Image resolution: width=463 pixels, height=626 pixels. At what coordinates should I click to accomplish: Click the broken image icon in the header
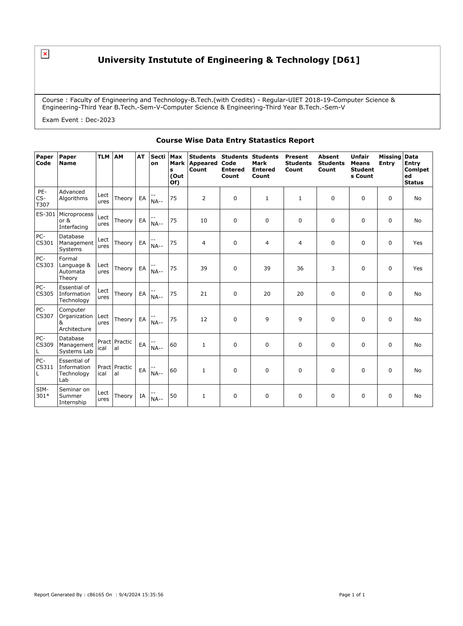pos(45,54)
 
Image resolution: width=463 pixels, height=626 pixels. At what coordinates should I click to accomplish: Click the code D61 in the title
pos(346,60)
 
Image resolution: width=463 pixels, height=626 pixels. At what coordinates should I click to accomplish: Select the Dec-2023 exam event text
pos(100,120)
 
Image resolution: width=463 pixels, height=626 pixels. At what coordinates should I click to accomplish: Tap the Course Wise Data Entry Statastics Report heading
pos(235,140)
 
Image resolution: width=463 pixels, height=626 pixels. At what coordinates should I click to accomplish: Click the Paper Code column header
pos(45,160)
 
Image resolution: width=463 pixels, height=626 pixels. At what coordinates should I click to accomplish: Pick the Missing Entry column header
pos(390,160)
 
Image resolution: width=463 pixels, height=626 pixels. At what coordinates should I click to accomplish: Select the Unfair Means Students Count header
pos(362,166)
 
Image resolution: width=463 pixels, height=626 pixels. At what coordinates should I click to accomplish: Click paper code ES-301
pos(46,214)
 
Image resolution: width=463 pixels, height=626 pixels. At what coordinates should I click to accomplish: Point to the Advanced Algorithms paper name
pos(73,195)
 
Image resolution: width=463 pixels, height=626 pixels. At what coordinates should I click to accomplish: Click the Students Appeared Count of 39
pos(204,268)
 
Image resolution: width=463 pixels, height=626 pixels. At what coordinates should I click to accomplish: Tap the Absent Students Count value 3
pos(333,268)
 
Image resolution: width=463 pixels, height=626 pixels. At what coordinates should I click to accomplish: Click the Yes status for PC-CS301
pos(417,243)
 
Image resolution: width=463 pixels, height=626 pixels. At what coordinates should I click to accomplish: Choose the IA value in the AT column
pos(142,396)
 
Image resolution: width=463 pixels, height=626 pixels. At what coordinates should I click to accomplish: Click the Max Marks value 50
pos(173,396)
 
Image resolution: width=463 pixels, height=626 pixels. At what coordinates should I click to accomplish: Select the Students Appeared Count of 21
pos(204,294)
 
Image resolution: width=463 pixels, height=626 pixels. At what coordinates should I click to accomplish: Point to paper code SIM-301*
pos(43,393)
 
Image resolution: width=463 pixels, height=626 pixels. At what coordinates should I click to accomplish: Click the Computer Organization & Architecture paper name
pos(75,319)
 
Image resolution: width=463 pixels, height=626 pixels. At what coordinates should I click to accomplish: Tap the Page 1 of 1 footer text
pos(352,595)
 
